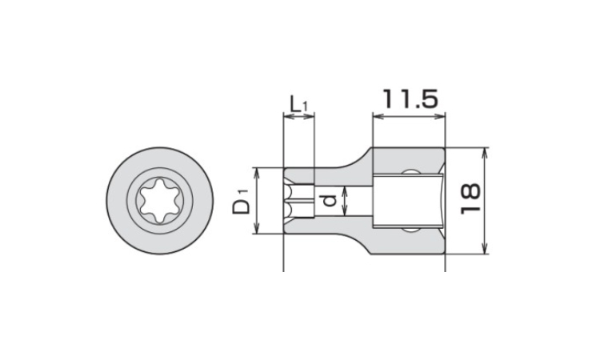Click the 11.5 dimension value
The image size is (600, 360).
[409, 100]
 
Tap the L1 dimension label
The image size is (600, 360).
[298, 103]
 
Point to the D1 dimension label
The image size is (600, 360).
[241, 202]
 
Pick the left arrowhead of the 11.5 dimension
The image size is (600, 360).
[377, 118]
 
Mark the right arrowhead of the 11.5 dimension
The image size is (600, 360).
[440, 118]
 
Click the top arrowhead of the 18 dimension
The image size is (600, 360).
[486, 152]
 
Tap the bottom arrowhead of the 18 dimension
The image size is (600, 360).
[486, 250]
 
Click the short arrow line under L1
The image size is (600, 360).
[299, 118]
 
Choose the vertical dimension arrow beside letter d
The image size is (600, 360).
[343, 201]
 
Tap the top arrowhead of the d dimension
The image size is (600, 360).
[343, 188]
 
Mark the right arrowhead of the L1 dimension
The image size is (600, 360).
[311, 118]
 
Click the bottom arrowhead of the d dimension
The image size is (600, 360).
[343, 214]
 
